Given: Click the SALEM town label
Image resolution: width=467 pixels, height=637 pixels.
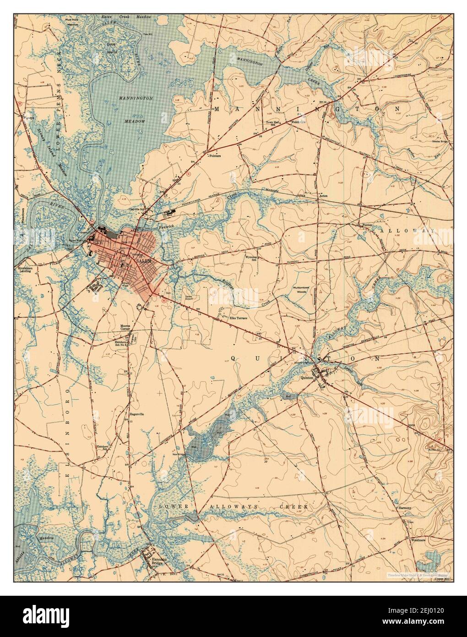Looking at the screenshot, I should pos(143,260).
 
